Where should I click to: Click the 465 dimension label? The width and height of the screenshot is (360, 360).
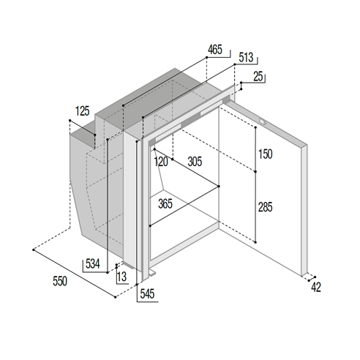pyautogui.click(x=215, y=50)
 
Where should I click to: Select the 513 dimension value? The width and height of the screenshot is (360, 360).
pyautogui.click(x=246, y=57)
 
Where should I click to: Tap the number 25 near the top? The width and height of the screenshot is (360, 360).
pyautogui.click(x=258, y=76)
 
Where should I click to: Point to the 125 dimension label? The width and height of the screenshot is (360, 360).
pyautogui.click(x=83, y=111)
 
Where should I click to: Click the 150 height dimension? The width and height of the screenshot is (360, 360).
pyautogui.click(x=266, y=154)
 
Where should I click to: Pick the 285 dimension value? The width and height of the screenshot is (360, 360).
pyautogui.click(x=265, y=207)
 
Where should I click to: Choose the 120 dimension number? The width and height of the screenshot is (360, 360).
pyautogui.click(x=161, y=162)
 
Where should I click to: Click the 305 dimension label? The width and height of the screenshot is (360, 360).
pyautogui.click(x=195, y=162)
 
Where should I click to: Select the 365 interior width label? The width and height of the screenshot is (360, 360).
pyautogui.click(x=165, y=203)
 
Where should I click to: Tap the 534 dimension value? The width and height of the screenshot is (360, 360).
pyautogui.click(x=93, y=263)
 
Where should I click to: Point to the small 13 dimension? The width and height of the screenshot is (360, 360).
pyautogui.click(x=121, y=277)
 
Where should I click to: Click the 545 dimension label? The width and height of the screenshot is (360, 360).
pyautogui.click(x=147, y=293)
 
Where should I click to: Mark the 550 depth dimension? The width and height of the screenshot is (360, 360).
pyautogui.click(x=60, y=281)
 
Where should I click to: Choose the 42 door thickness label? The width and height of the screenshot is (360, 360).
pyautogui.click(x=316, y=287)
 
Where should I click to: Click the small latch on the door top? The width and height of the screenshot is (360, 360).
pyautogui.click(x=263, y=121)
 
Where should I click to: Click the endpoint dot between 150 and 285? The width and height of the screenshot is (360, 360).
pyautogui.click(x=255, y=172)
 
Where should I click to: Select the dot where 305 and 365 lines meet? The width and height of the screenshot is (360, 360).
pyautogui.click(x=219, y=187)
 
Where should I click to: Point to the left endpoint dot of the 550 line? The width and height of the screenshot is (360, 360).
pyautogui.click(x=34, y=250)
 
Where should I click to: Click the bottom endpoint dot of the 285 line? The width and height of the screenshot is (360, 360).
pyautogui.click(x=255, y=242)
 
